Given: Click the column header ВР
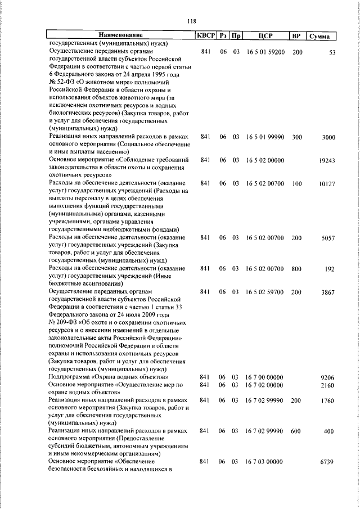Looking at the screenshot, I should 296,36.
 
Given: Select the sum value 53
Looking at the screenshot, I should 332,52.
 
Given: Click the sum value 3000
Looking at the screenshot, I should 328,137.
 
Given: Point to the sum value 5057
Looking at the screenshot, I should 328,238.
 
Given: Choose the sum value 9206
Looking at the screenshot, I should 328,377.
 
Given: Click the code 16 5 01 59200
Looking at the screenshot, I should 264,52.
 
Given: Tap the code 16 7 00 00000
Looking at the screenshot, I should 264,376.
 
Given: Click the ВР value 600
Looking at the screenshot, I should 297,430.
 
